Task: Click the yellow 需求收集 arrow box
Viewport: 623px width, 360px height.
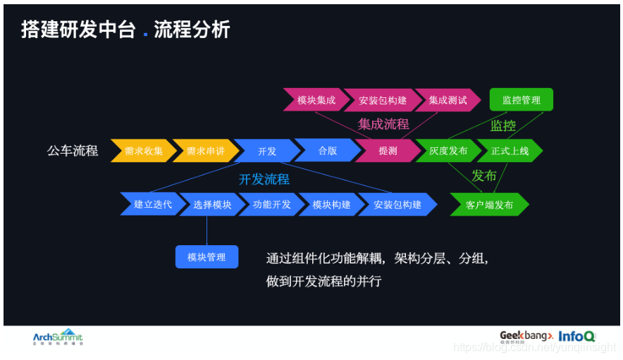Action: point(143,151)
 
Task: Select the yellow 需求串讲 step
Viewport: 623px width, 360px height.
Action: point(205,151)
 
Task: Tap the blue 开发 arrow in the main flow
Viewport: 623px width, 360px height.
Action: point(266,151)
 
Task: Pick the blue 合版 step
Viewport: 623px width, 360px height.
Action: point(327,151)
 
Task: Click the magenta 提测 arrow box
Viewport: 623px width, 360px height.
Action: point(388,151)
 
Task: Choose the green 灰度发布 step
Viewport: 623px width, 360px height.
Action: point(448,151)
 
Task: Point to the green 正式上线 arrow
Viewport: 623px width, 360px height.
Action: point(509,151)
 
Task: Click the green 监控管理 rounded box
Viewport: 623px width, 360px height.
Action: point(522,100)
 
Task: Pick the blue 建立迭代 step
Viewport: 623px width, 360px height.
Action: point(153,205)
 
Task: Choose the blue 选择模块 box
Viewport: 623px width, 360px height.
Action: point(212,205)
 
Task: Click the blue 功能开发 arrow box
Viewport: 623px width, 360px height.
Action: point(271,205)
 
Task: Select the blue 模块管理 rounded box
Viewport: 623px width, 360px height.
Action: point(206,257)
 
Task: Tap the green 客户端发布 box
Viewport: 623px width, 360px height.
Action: point(489,205)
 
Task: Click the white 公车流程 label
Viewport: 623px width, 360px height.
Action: point(73,151)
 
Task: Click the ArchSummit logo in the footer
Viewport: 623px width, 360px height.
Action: point(58,337)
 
